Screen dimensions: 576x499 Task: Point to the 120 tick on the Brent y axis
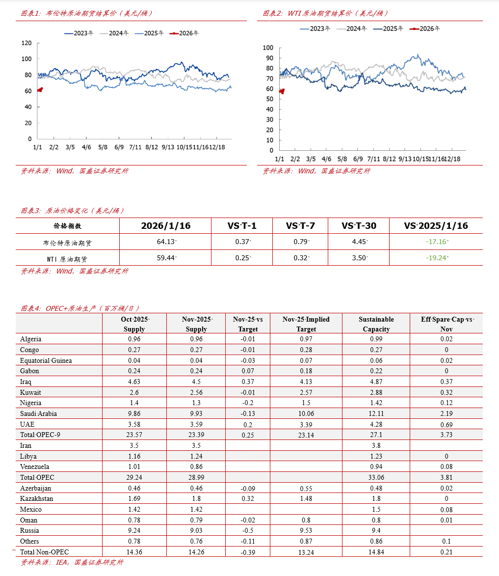tap(27, 43)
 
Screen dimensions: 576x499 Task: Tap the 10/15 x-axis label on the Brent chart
tap(184, 147)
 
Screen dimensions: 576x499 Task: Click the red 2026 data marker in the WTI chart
tap(282, 91)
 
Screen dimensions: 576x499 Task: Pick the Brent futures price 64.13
tap(165, 241)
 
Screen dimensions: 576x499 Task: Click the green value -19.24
tap(435, 257)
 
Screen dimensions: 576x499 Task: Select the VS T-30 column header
tap(359, 226)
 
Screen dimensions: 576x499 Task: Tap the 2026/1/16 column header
tap(165, 226)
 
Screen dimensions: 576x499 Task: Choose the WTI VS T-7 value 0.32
tap(300, 257)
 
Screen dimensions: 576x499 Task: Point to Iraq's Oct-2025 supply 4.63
tap(134, 382)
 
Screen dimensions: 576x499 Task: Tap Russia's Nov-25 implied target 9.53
tap(306, 530)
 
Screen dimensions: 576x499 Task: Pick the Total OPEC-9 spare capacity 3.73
tap(446, 435)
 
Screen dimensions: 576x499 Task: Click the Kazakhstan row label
tap(36, 498)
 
